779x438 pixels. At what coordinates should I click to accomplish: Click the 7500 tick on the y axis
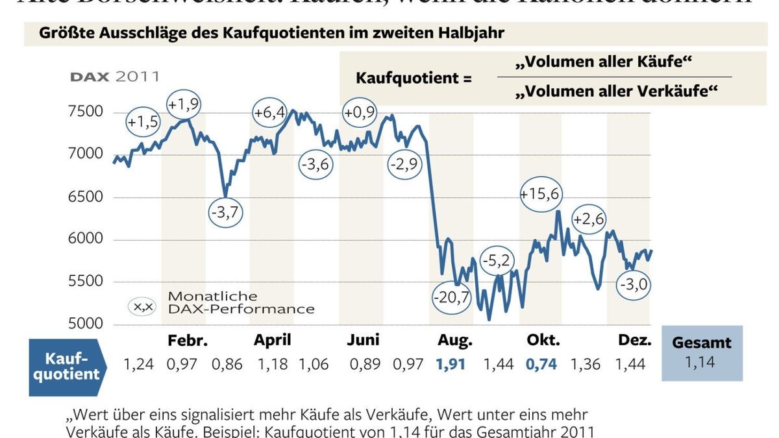point(86,112)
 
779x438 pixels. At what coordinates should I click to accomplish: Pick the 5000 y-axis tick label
point(86,324)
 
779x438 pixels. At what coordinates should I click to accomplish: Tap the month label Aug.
point(455,341)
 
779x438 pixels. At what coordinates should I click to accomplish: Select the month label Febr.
point(187,341)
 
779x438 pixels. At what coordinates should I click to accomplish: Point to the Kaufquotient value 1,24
point(138,364)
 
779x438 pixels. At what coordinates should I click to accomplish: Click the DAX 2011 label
point(114,77)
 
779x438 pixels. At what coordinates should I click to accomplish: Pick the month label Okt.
point(543,341)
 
